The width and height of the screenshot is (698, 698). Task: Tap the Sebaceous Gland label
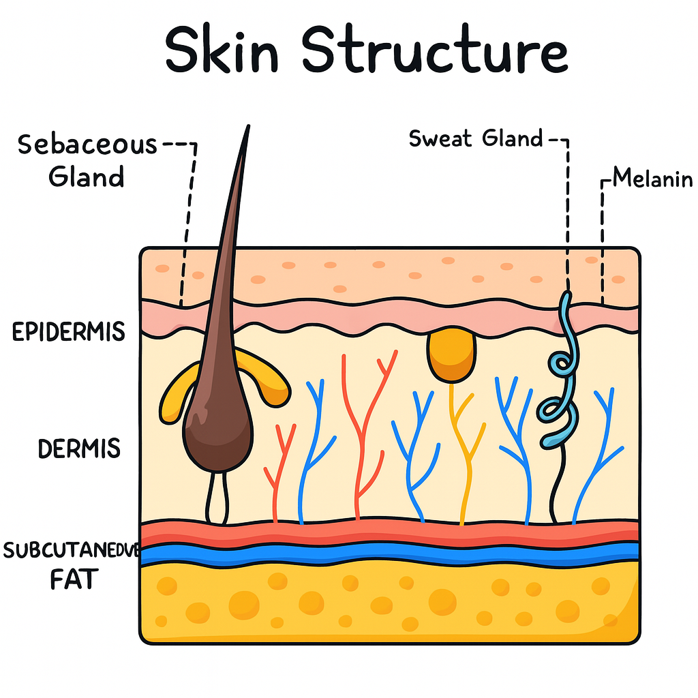pyautogui.click(x=87, y=161)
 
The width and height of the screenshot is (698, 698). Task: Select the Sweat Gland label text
pyautogui.click(x=475, y=138)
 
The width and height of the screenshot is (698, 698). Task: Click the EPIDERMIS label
pyautogui.click(x=69, y=332)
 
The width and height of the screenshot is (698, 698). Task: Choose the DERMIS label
pyautogui.click(x=79, y=449)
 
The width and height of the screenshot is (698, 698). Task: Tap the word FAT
pyautogui.click(x=74, y=579)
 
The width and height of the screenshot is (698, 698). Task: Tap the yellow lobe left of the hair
pyautogui.click(x=175, y=395)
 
